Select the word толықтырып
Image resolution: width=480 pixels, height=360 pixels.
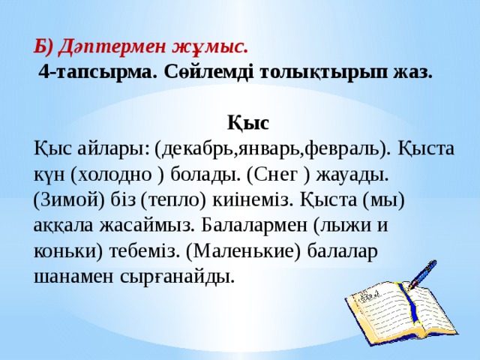[320, 72]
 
